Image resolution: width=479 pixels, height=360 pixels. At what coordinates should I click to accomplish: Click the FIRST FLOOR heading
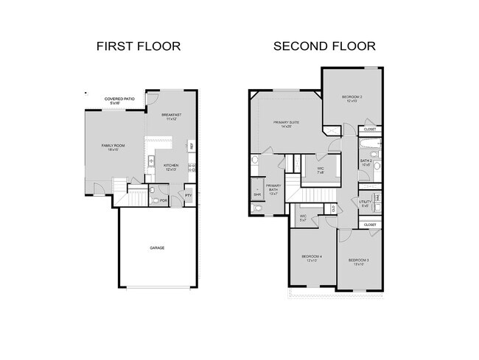[x=139, y=46]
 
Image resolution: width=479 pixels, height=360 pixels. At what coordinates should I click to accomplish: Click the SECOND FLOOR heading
[x=324, y=46]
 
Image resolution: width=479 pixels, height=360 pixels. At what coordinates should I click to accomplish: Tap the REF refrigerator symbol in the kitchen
[x=192, y=146]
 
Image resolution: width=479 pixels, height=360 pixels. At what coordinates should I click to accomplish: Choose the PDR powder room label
[x=164, y=200]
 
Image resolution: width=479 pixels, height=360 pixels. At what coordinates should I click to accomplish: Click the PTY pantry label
[x=188, y=196]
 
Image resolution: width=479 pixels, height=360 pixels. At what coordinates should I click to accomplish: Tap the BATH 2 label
[x=366, y=162]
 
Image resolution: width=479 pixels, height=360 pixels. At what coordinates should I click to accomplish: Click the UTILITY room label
[x=365, y=203]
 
